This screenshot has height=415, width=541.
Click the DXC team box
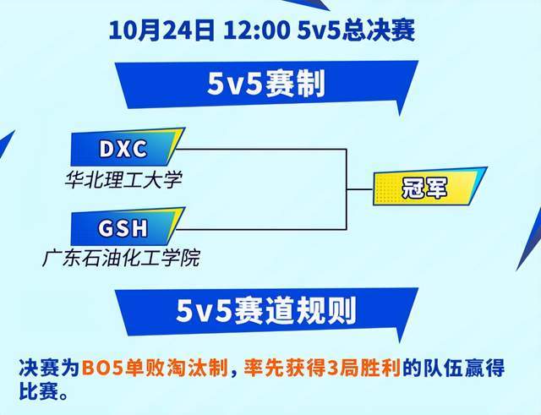(x=123, y=149)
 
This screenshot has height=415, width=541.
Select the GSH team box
(x=123, y=229)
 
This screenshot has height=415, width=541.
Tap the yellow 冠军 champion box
(x=421, y=188)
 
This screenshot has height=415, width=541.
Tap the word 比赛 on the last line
(x=37, y=393)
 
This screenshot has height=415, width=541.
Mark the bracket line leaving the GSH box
(x=262, y=229)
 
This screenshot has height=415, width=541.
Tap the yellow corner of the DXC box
(x=175, y=138)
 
